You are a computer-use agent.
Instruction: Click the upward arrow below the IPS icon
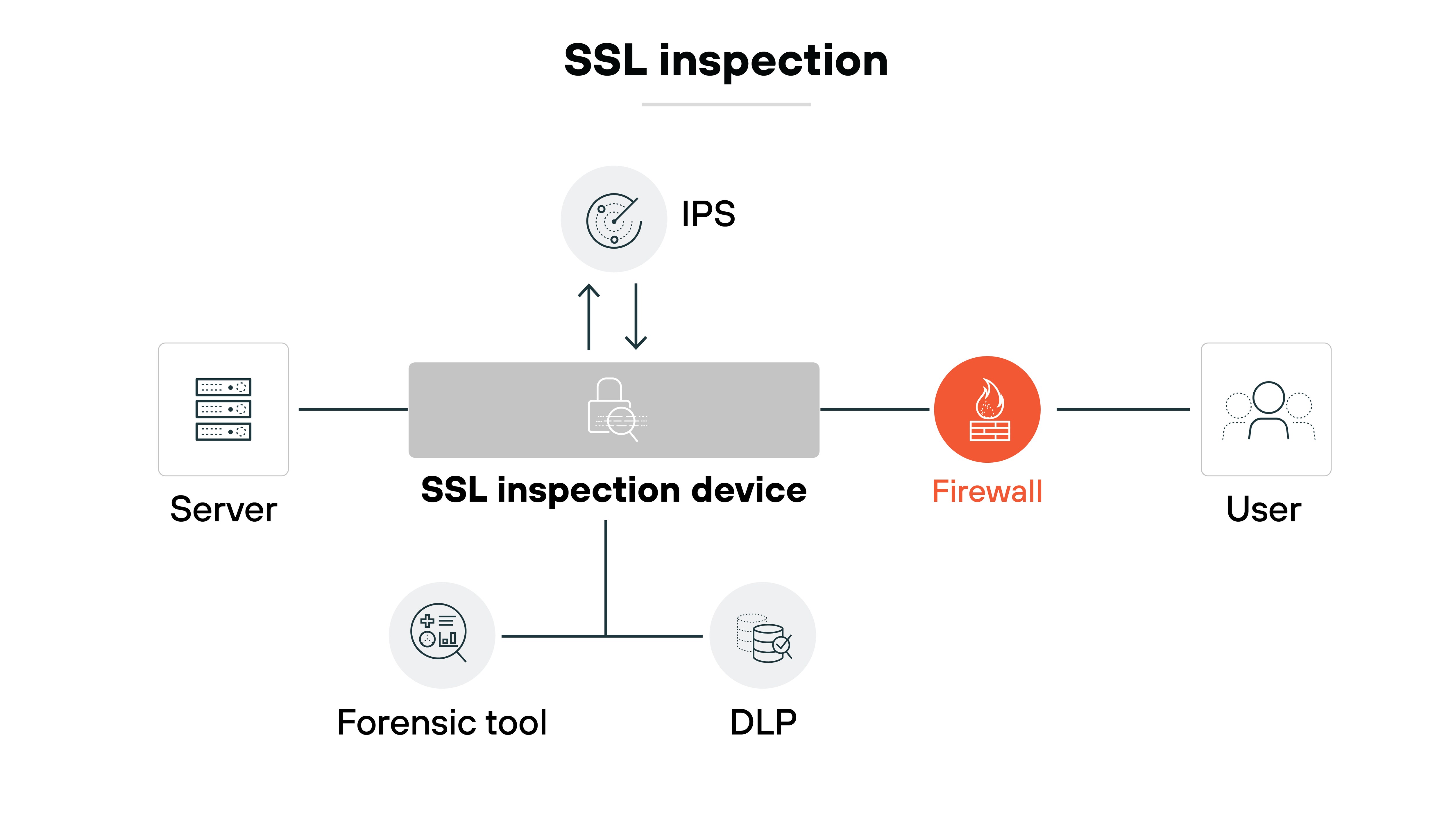pyautogui.click(x=589, y=316)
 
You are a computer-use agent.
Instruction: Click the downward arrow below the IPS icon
pyautogui.click(x=636, y=316)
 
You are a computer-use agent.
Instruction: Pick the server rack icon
pyautogui.click(x=223, y=409)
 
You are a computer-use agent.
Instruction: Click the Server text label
pyautogui.click(x=223, y=509)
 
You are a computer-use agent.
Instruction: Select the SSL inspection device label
pyautogui.click(x=614, y=490)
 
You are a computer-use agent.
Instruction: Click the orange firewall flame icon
pyautogui.click(x=987, y=409)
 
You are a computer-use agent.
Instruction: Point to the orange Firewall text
pyautogui.click(x=987, y=491)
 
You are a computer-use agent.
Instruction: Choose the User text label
pyautogui.click(x=1264, y=509)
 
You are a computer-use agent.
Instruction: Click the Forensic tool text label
pyautogui.click(x=442, y=723)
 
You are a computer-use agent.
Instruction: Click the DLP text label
pyautogui.click(x=763, y=723)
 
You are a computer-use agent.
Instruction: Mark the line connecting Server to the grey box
pyautogui.click(x=352, y=409)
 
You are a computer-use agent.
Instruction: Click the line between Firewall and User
pyautogui.click(x=1123, y=409)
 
